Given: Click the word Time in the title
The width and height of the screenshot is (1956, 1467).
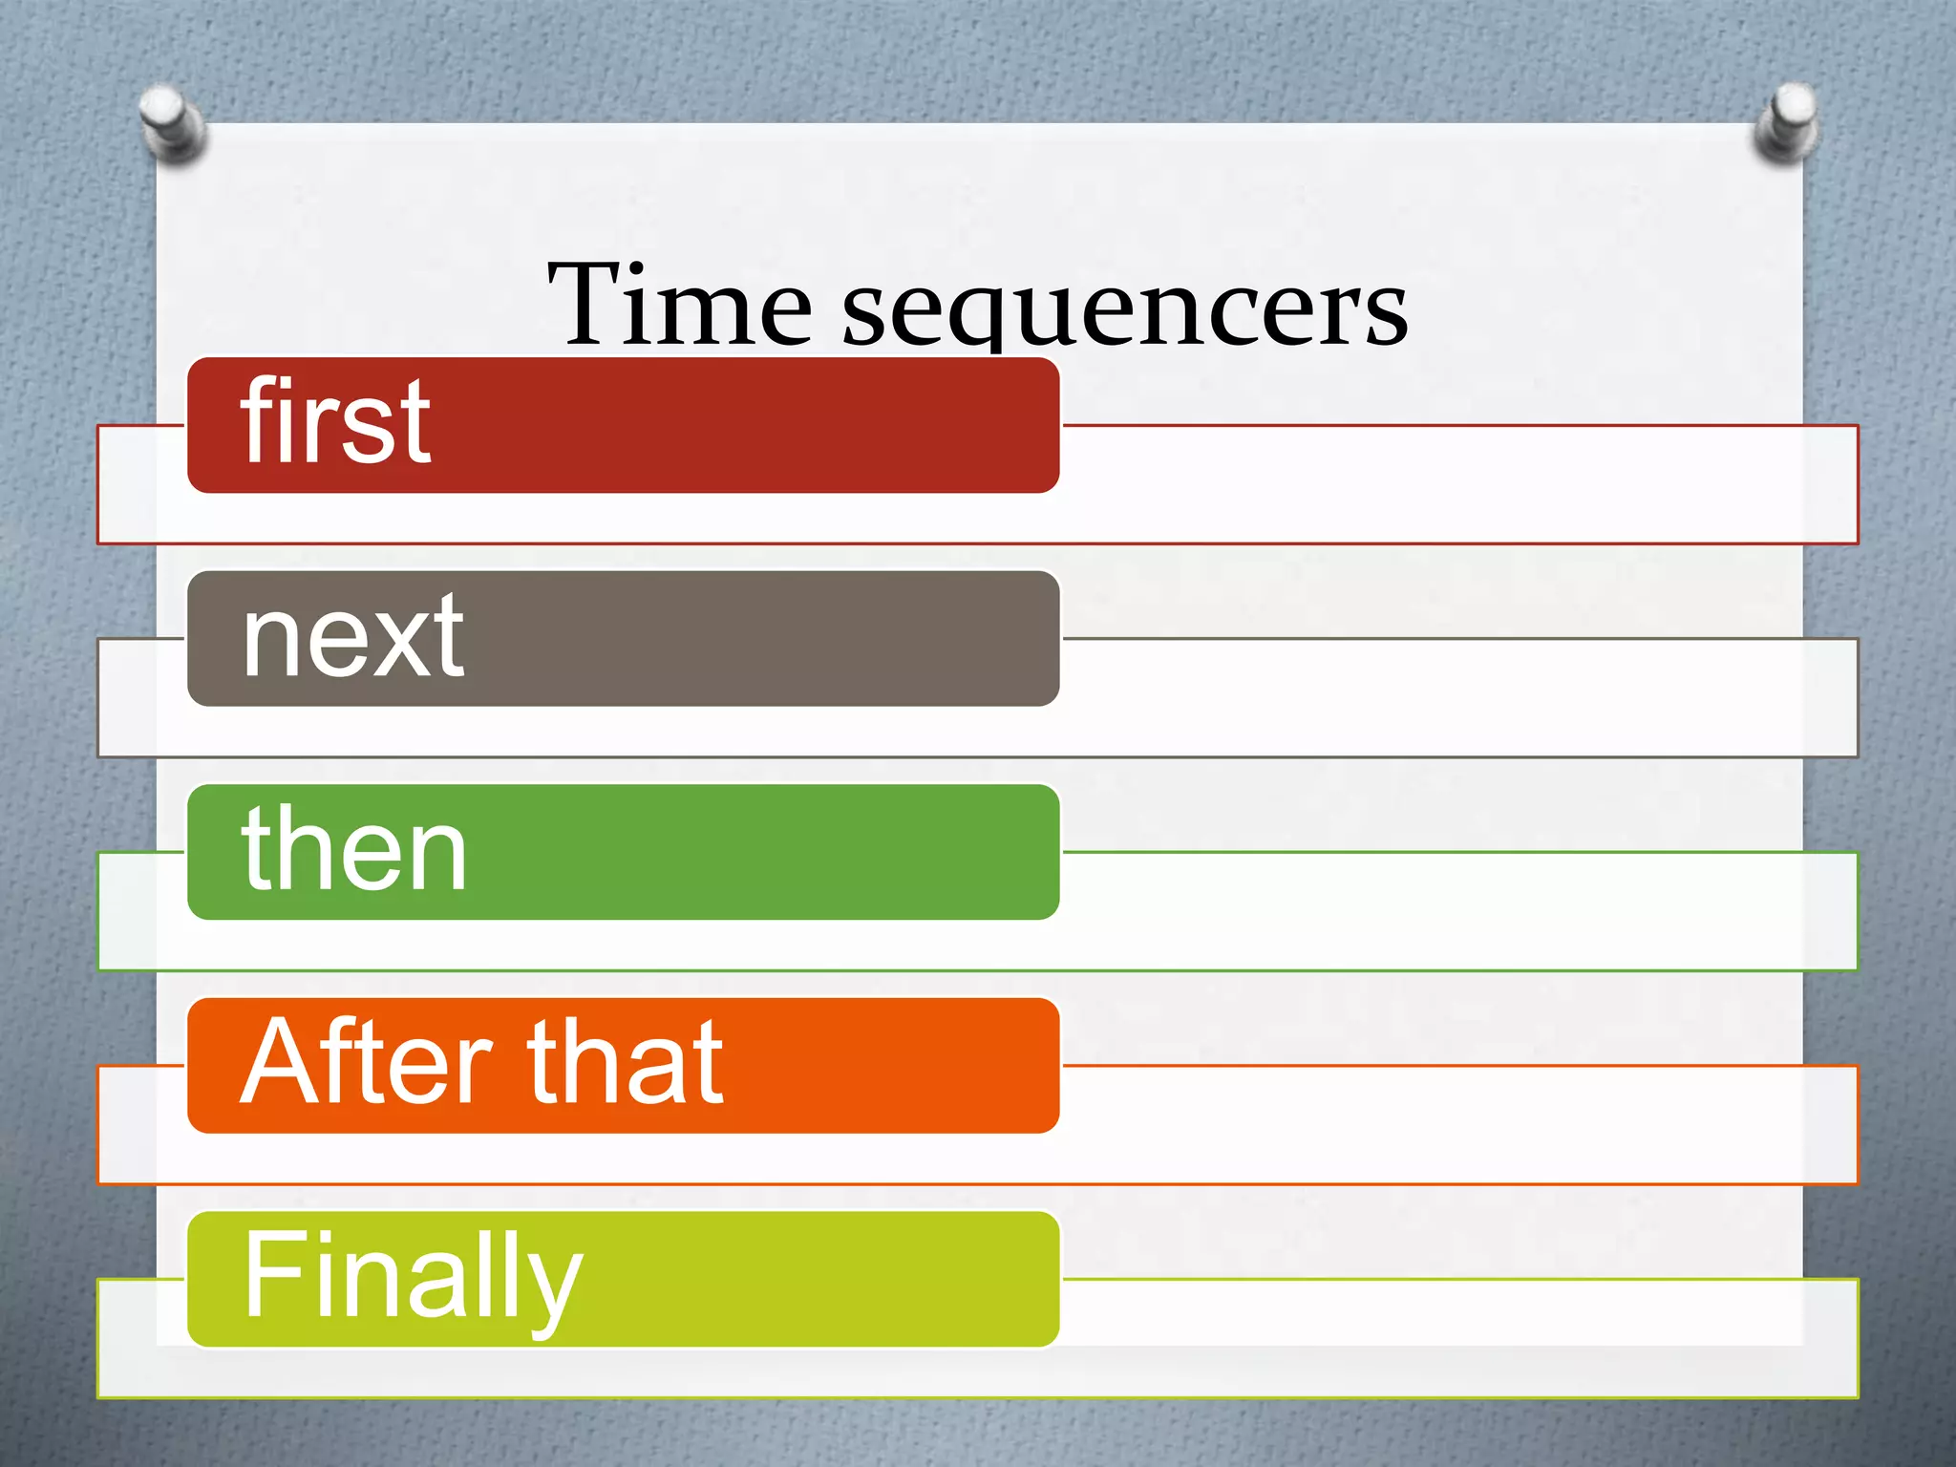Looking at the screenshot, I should coord(680,304).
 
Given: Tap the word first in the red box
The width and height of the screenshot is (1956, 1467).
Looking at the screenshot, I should coord(335,421).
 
